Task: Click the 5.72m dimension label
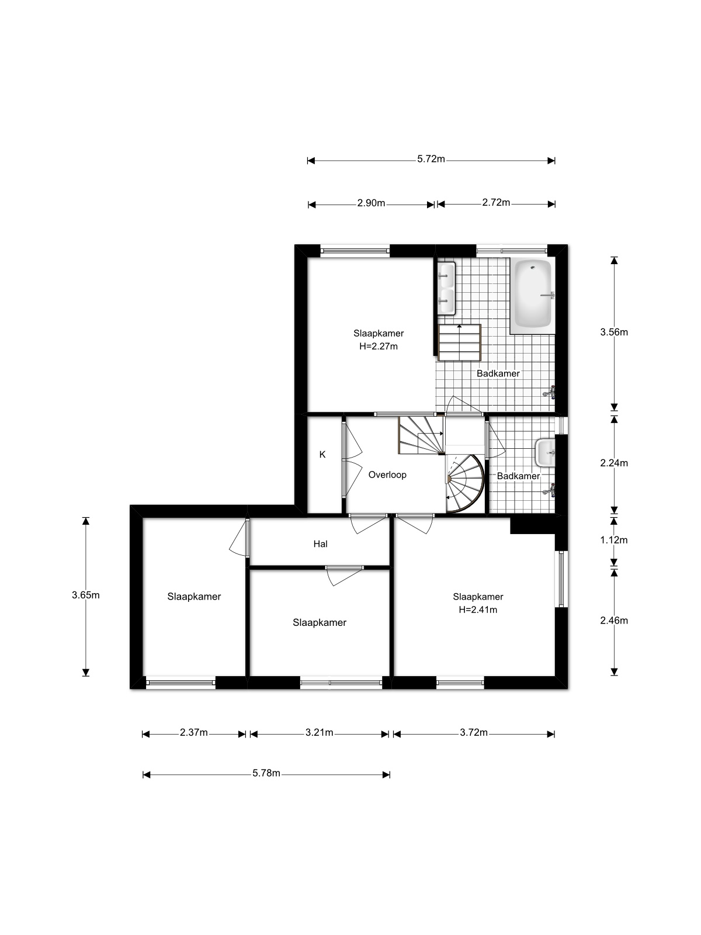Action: pos(431,160)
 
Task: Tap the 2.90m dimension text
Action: pos(371,203)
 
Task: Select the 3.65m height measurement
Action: pos(85,595)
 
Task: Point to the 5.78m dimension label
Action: pos(266,773)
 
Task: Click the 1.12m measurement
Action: pos(614,540)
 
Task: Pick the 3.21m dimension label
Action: pos(319,733)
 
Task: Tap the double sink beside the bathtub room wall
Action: pos(446,288)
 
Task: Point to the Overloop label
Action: pos(387,475)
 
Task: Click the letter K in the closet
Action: pos(322,455)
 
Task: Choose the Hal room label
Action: pos(321,544)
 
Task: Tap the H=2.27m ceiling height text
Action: pos(379,347)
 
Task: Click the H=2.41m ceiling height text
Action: pos(478,610)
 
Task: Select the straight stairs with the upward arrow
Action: pos(460,342)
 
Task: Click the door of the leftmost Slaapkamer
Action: pos(239,538)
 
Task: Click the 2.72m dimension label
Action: pos(496,203)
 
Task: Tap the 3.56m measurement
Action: pos(614,333)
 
